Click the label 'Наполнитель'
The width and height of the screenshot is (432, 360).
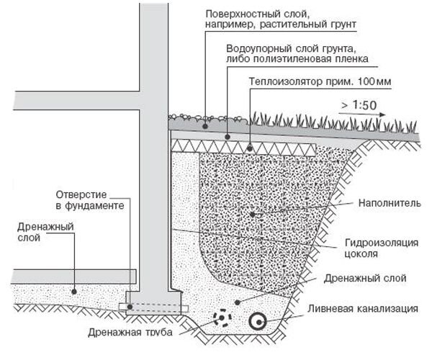pyautogui.click(x=390, y=203)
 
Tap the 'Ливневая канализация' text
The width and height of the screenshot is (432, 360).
pyautogui.click(x=363, y=308)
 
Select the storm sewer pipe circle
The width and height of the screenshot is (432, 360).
pyautogui.click(x=258, y=322)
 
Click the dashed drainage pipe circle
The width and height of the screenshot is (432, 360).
pyautogui.click(x=222, y=318)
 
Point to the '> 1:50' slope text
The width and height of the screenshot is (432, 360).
pyautogui.click(x=359, y=105)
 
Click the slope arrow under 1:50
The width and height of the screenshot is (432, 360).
pyautogui.click(x=362, y=114)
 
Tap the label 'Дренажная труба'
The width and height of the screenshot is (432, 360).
pyautogui.click(x=130, y=332)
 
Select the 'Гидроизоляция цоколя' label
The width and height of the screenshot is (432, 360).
pyautogui.click(x=382, y=248)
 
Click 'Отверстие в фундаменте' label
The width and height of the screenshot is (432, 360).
pyautogui.click(x=90, y=200)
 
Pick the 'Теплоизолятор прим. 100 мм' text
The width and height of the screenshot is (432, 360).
pyautogui.click(x=320, y=81)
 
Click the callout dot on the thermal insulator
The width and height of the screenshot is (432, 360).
pyautogui.click(x=250, y=149)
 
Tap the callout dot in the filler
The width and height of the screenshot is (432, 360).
pyautogui.click(x=253, y=214)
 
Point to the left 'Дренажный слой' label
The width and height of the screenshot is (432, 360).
pyautogui.click(x=45, y=232)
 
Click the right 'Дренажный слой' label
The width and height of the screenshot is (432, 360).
pyautogui.click(x=365, y=278)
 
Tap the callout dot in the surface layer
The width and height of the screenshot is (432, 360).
pyautogui.click(x=205, y=127)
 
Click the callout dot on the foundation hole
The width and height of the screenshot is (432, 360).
pyautogui.click(x=130, y=307)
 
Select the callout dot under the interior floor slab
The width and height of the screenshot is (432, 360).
pyautogui.click(x=74, y=292)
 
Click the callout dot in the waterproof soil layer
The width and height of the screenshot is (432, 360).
pyautogui.click(x=228, y=137)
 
